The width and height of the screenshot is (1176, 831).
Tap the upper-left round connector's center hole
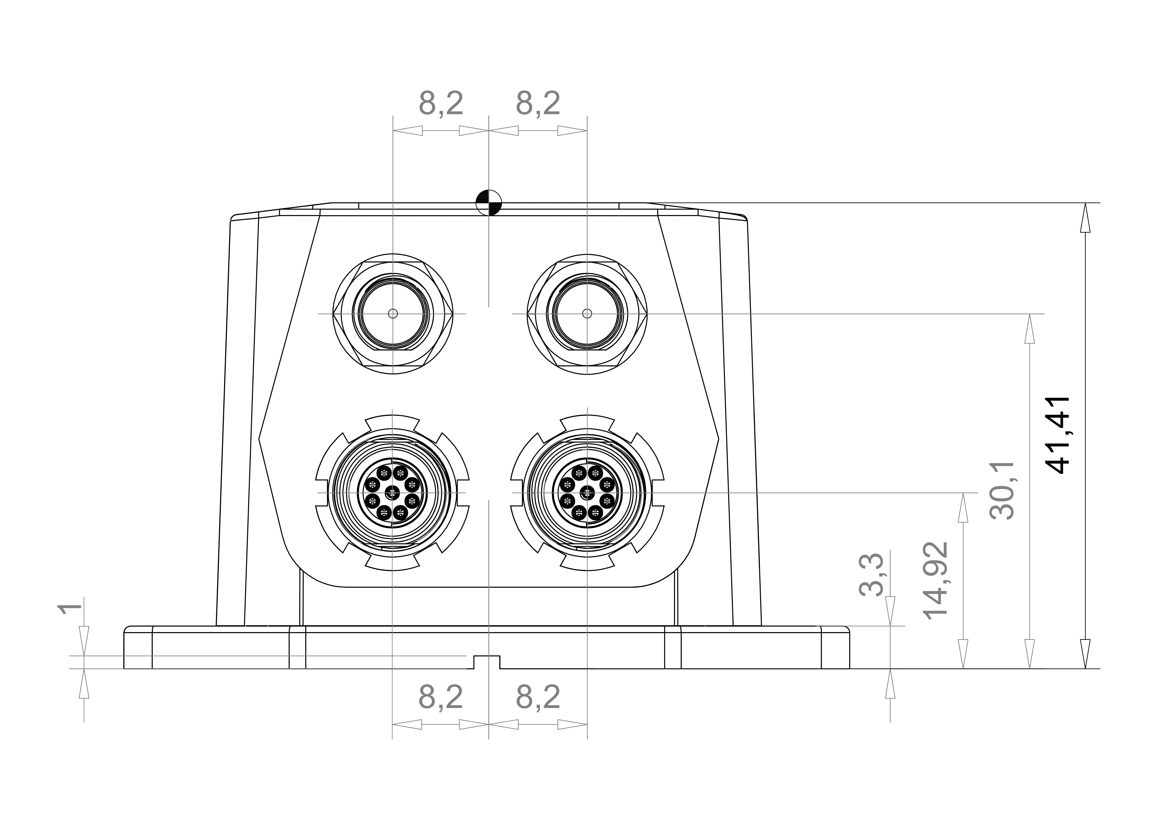[x=393, y=313]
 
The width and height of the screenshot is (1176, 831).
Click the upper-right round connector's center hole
[x=587, y=313]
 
